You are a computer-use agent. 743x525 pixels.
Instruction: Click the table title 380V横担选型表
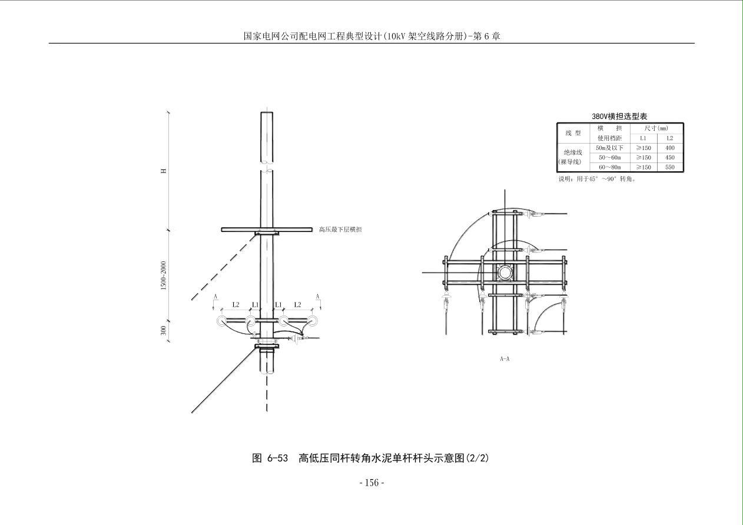619,117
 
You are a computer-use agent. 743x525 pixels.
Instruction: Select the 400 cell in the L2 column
669,148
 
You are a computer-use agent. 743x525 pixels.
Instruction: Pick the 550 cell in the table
669,167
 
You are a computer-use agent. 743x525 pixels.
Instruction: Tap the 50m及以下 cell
609,148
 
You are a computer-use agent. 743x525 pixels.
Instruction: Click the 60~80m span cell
610,167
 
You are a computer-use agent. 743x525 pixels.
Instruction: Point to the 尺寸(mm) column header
656,128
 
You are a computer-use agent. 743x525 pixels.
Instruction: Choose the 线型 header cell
573,133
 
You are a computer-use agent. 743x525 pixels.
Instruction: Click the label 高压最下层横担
340,230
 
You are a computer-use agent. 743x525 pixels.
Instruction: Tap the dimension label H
164,171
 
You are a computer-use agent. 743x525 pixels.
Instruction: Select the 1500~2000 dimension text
163,275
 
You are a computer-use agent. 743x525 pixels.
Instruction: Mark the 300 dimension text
163,331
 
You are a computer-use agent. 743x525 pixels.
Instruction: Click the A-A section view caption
505,358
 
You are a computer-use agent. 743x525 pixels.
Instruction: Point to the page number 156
371,483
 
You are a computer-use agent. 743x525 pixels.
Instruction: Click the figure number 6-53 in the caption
278,458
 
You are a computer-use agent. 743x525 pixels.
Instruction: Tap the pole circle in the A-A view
505,273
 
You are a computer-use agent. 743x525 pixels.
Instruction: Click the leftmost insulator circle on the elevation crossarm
221,321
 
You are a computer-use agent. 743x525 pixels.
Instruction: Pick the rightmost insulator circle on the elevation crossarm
312,321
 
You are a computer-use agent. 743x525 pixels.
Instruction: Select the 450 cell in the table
669,158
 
